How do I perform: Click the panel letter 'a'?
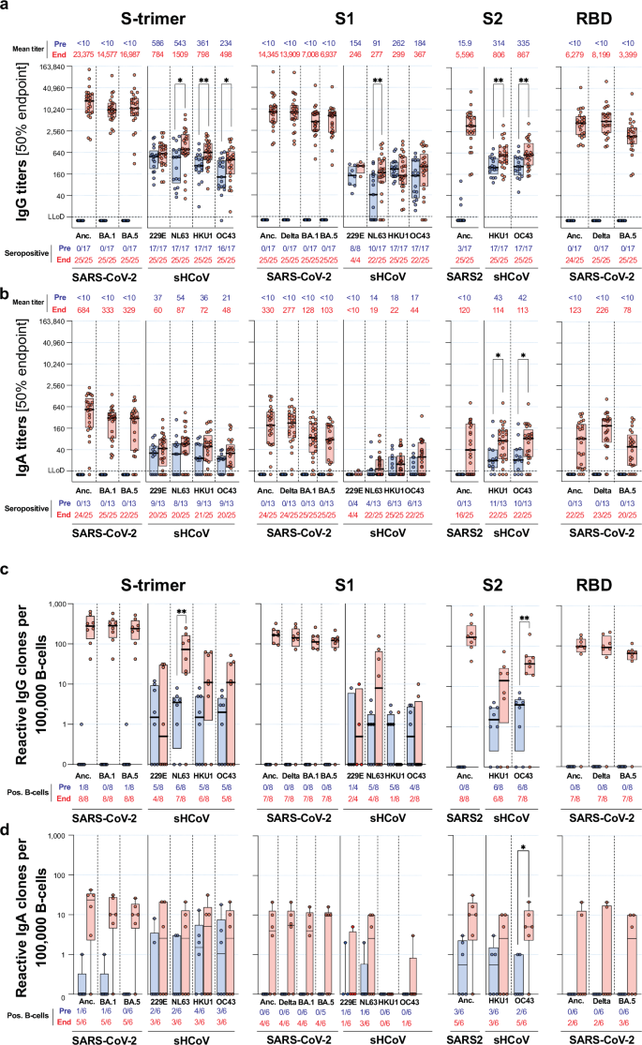7,7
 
